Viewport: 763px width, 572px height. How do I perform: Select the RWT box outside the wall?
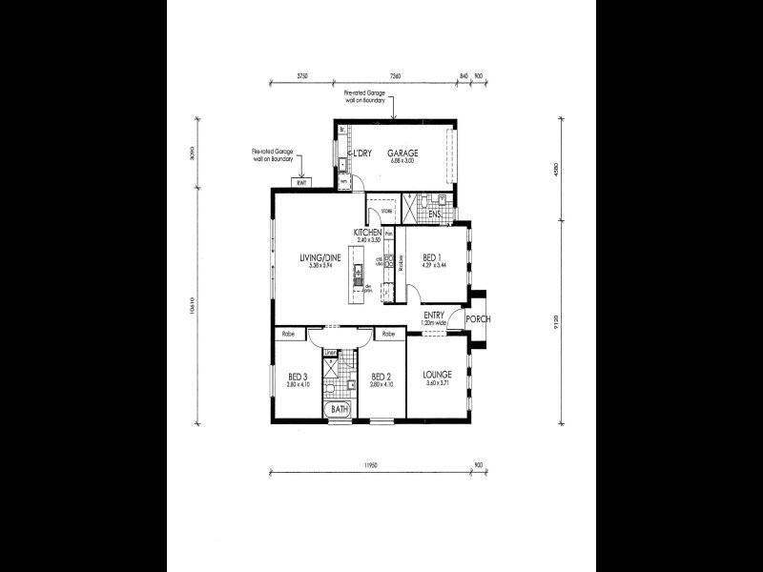click(x=301, y=183)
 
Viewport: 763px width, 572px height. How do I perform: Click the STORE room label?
click(x=386, y=212)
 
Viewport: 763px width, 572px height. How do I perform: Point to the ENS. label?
click(x=434, y=214)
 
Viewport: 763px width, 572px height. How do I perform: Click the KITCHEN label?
click(x=368, y=233)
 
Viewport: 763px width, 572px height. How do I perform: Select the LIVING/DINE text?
click(x=319, y=257)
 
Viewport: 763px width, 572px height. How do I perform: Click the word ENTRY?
click(x=434, y=315)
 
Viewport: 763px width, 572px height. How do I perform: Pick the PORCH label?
click(x=478, y=318)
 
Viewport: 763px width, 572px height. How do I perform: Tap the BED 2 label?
click(x=381, y=376)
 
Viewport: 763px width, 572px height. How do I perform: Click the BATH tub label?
click(x=339, y=411)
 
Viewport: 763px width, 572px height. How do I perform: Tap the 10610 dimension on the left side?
click(x=195, y=310)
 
